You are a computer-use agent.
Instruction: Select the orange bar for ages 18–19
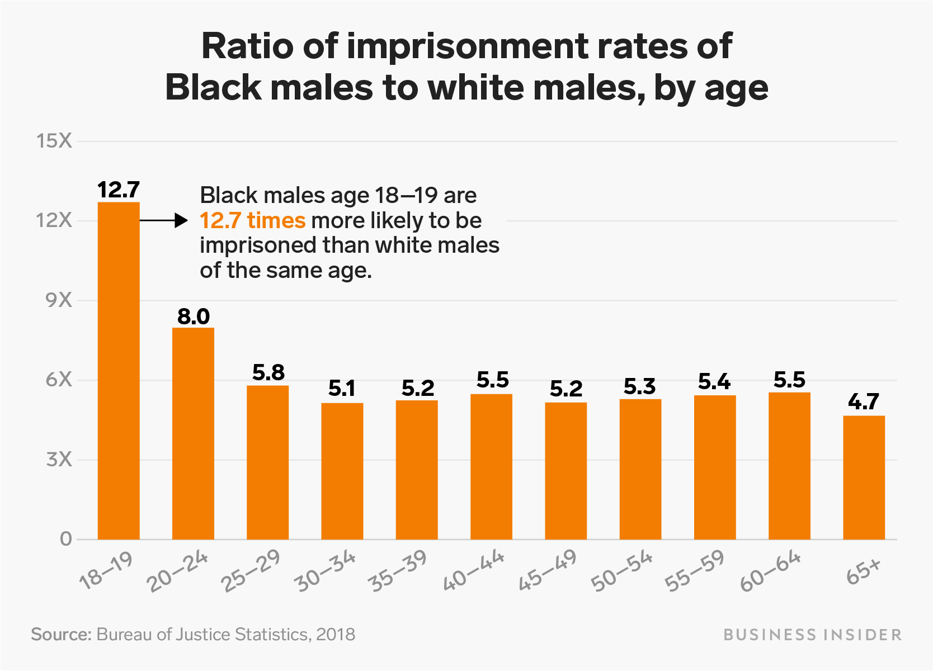[119, 371]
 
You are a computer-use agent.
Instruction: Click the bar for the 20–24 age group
[194, 434]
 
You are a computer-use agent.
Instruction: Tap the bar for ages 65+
[864, 478]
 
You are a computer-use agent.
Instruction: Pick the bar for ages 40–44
[492, 467]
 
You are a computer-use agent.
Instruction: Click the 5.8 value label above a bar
[268, 372]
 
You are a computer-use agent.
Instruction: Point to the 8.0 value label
[194, 316]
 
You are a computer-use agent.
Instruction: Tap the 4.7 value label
[864, 401]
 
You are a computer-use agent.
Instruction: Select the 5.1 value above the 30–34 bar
[342, 389]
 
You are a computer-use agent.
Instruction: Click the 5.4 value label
[714, 382]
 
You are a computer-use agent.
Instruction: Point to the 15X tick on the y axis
[54, 141]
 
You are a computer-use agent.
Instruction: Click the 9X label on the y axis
[59, 300]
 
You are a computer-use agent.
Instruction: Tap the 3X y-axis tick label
[59, 460]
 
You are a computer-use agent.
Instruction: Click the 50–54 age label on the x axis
[621, 570]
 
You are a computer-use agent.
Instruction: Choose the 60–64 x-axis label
[771, 570]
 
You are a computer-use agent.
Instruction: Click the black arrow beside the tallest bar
[164, 220]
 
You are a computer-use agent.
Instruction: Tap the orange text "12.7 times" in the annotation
[253, 220]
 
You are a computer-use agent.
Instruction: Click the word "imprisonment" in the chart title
[467, 46]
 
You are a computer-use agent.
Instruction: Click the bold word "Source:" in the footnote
[61, 634]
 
